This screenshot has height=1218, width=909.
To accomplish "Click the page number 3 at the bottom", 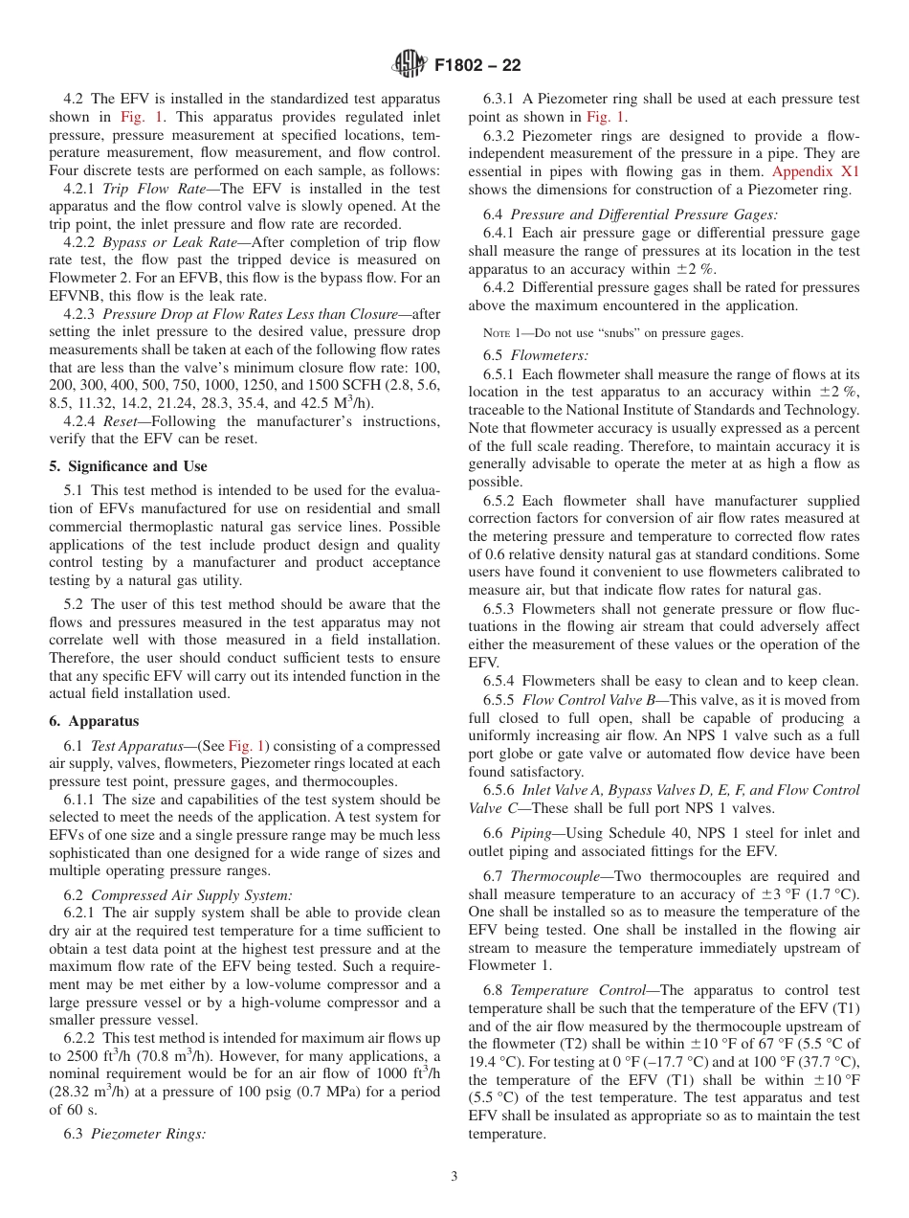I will click(x=454, y=1177).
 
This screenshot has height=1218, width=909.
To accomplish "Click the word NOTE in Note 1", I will click(x=497, y=333).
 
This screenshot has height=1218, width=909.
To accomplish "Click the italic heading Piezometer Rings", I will click(x=148, y=1135).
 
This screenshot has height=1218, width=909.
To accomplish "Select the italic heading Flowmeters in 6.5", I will click(x=542, y=355).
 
